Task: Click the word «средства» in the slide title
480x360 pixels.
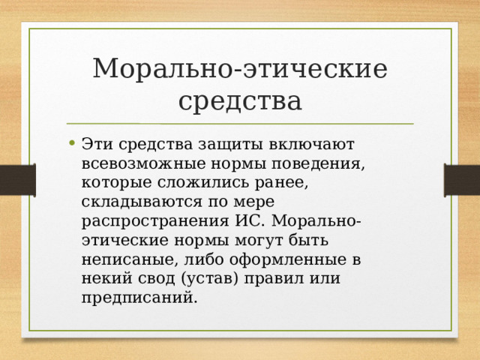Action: pos(240,100)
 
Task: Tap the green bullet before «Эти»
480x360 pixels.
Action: pos(70,143)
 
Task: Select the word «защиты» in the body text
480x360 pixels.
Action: pos(216,143)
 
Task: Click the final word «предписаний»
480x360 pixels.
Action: pos(139,299)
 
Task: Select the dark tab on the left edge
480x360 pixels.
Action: pos(17,180)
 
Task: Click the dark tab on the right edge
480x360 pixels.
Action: pos(462,180)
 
